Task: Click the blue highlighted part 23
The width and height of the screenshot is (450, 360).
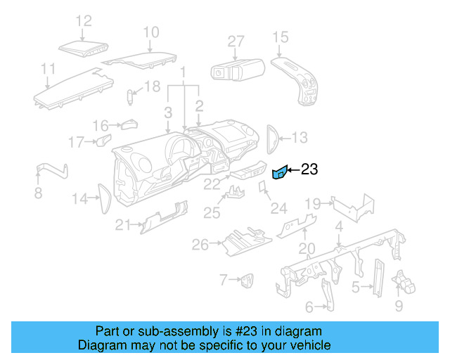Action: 279,172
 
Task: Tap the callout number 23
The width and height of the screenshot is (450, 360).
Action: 309,169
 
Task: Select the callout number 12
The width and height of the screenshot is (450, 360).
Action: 84,21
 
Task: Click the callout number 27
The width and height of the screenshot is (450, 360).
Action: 235,41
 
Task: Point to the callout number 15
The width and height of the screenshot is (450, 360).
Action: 281,37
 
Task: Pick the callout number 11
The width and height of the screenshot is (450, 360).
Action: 48,69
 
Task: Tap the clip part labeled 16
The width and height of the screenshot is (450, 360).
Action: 129,125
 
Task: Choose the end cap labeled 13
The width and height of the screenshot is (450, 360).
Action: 272,137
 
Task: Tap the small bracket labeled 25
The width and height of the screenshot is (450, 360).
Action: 234,193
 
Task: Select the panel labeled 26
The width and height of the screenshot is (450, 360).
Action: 243,241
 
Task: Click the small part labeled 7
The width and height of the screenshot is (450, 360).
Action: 247,281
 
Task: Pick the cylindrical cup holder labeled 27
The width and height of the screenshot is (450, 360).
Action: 237,69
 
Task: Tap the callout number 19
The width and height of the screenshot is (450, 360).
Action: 312,204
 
